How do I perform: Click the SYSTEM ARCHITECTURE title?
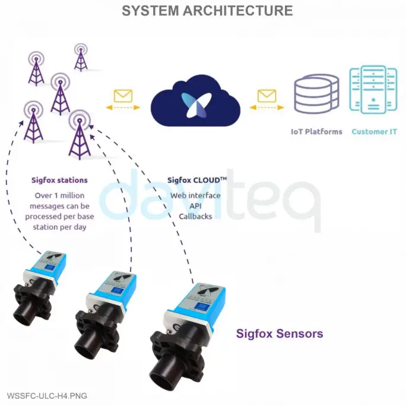click(207, 11)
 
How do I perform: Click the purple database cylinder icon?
click(317, 94)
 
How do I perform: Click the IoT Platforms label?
click(316, 131)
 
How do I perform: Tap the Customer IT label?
click(374, 131)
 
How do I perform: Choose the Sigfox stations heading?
click(59, 180)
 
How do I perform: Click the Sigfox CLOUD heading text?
click(195, 180)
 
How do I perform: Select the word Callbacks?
click(195, 217)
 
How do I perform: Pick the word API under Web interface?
click(195, 206)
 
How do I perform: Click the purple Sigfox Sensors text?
click(280, 334)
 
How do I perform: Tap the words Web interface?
click(195, 195)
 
